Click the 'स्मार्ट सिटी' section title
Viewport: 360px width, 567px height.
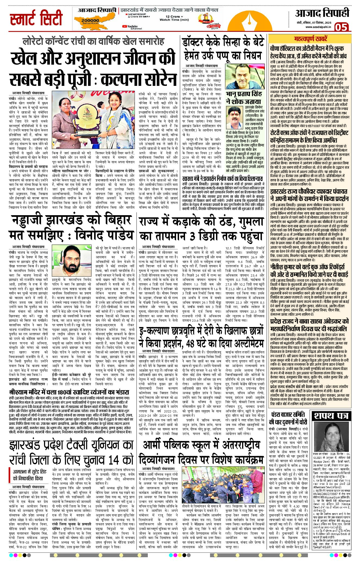pos(36,18)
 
